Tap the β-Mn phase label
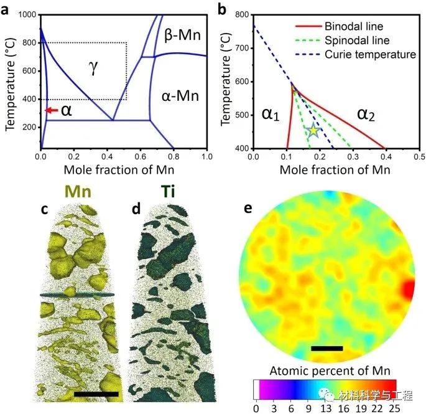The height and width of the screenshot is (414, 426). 181,35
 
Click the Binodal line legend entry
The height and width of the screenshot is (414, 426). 353,27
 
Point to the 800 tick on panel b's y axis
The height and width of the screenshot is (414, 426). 241,14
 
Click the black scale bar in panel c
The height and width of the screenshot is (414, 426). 96,394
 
